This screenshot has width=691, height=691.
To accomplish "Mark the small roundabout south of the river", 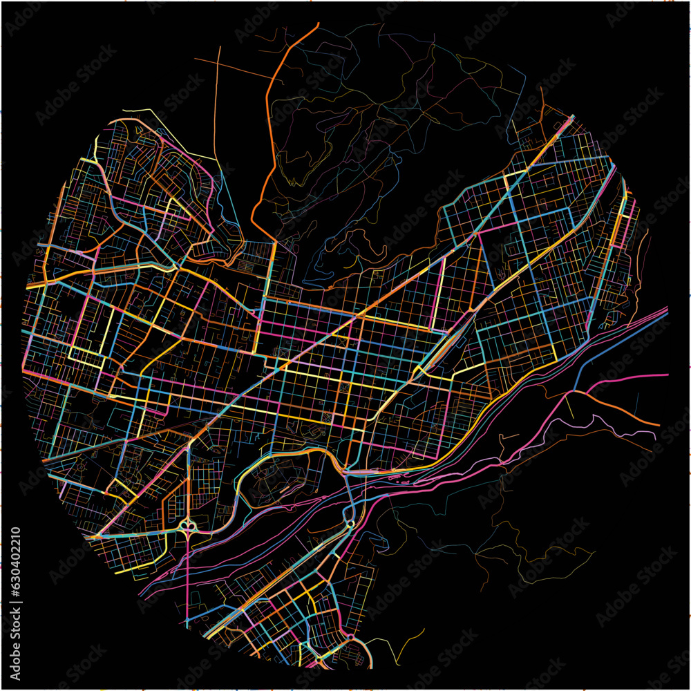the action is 350,523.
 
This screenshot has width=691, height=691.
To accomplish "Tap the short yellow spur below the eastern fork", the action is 571,408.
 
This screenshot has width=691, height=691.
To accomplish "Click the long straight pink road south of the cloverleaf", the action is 187,587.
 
